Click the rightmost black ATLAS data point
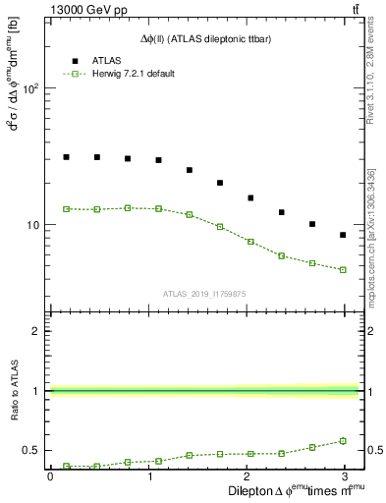[343, 235]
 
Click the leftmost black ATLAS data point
[66, 156]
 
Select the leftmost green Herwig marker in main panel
[66, 208]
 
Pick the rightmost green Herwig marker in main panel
[343, 269]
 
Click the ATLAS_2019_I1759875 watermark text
[205, 293]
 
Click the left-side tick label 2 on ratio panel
[35, 331]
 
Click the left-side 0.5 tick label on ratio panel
[31, 450]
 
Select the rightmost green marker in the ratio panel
[343, 441]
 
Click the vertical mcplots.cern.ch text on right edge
[372, 255]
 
